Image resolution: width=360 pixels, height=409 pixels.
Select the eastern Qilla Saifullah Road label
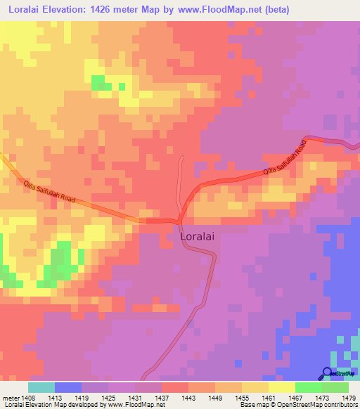click(x=285, y=158)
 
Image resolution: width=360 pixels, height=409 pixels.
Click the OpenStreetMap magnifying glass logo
click(x=327, y=372)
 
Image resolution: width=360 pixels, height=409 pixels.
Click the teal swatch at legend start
click(x=41, y=387)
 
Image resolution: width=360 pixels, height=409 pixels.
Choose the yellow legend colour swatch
click(x=281, y=387)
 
